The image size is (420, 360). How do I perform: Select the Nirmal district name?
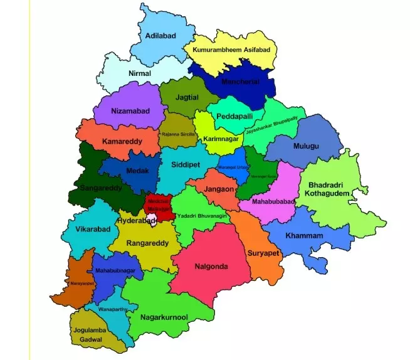139,73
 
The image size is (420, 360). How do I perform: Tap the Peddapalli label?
238,117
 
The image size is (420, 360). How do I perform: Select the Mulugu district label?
306,146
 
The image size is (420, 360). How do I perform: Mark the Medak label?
138,170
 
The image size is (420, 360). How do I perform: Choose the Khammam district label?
304,235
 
